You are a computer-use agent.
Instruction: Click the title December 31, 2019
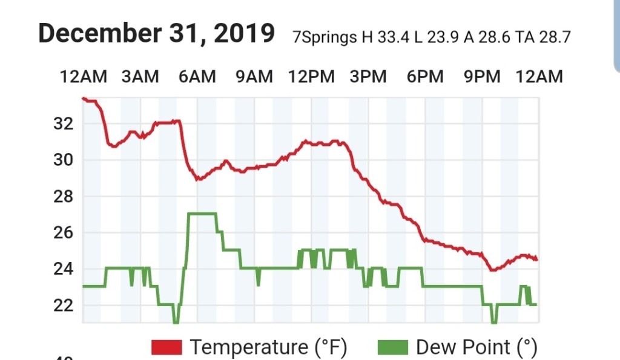click(x=156, y=34)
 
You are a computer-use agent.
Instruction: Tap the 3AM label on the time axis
click(x=140, y=77)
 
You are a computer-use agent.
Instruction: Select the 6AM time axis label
click(x=197, y=77)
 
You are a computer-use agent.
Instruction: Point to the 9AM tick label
click(x=254, y=77)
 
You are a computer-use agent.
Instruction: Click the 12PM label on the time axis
click(x=311, y=77)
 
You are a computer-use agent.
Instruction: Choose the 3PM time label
click(x=368, y=77)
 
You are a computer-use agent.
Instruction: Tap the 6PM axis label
click(x=425, y=77)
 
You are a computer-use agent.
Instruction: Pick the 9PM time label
click(x=482, y=77)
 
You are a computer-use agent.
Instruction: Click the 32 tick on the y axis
click(x=63, y=124)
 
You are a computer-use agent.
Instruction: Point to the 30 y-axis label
click(x=63, y=160)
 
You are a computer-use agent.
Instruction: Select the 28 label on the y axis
click(x=63, y=197)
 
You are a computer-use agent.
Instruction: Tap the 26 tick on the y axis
click(x=63, y=233)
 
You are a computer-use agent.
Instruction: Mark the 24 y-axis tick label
click(x=63, y=269)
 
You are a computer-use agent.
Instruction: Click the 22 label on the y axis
click(x=63, y=305)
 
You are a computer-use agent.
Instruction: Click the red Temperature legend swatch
click(x=167, y=347)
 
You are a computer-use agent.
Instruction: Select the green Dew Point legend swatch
click(x=393, y=347)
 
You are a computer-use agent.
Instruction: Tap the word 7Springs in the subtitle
click(x=325, y=38)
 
